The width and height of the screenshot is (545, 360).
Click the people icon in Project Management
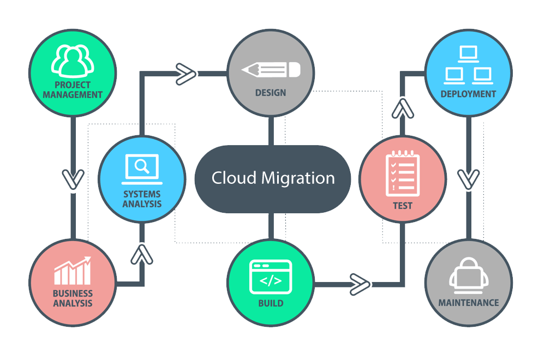(x=73, y=61)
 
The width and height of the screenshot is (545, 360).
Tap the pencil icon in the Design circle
(x=271, y=70)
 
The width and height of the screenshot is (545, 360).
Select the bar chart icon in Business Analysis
(x=73, y=271)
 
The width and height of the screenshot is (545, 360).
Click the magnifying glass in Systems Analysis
(x=142, y=166)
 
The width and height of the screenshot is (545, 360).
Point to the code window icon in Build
(x=271, y=277)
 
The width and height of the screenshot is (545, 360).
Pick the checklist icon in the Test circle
(x=403, y=173)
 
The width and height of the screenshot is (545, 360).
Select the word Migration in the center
(x=298, y=178)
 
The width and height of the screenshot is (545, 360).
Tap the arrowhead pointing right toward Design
(x=186, y=74)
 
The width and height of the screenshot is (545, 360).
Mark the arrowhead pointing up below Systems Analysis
(x=142, y=254)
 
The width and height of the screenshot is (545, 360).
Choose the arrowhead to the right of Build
(x=360, y=285)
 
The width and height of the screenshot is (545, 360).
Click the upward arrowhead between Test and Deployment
(x=403, y=109)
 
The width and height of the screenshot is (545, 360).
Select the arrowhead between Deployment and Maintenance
(x=469, y=179)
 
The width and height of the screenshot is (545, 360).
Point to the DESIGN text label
(x=271, y=93)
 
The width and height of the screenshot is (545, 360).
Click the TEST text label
(x=403, y=206)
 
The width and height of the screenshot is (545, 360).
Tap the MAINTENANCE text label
(x=469, y=303)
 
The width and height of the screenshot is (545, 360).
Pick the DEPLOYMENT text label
(x=468, y=94)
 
